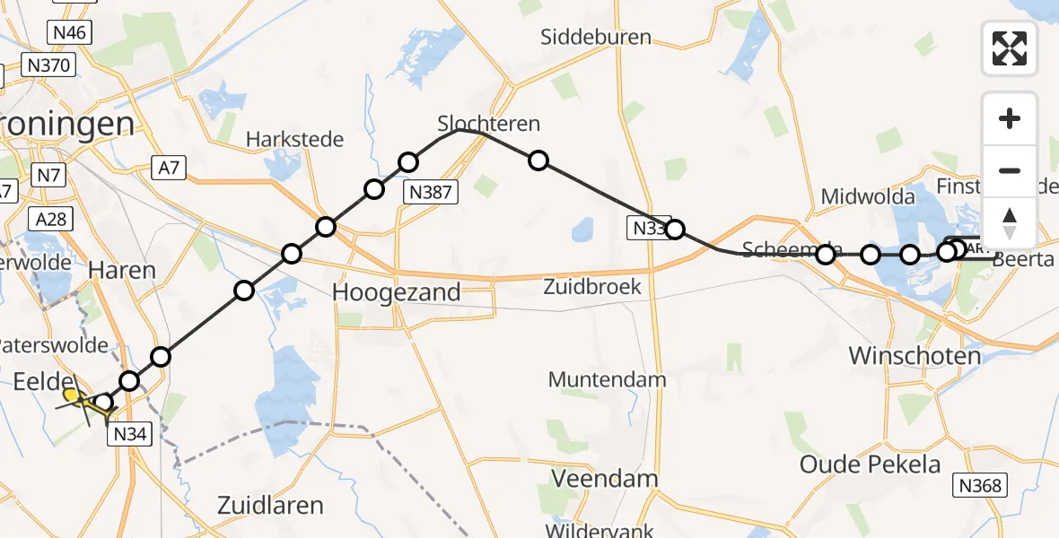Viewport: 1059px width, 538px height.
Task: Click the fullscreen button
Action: pos(1010,48)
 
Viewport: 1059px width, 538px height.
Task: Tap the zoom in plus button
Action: pos(1010,119)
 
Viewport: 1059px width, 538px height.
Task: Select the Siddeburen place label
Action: pos(595,38)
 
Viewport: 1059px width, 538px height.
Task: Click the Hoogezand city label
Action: pos(397,291)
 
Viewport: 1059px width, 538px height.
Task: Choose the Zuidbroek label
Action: pos(591,287)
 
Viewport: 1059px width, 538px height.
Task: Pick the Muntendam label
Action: pos(607,378)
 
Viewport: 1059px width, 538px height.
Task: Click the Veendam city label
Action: pos(605,479)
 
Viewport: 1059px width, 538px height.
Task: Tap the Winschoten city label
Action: pos(915,356)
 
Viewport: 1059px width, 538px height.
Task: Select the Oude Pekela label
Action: pos(871,464)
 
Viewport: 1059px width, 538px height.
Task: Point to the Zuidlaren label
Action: pos(270,505)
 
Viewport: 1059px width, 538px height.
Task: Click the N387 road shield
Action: pos(432,190)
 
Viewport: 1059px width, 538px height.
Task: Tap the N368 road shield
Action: pos(981,486)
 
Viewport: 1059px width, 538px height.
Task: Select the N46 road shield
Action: pos(69,33)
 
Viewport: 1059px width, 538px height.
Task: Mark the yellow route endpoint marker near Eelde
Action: pos(71,394)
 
